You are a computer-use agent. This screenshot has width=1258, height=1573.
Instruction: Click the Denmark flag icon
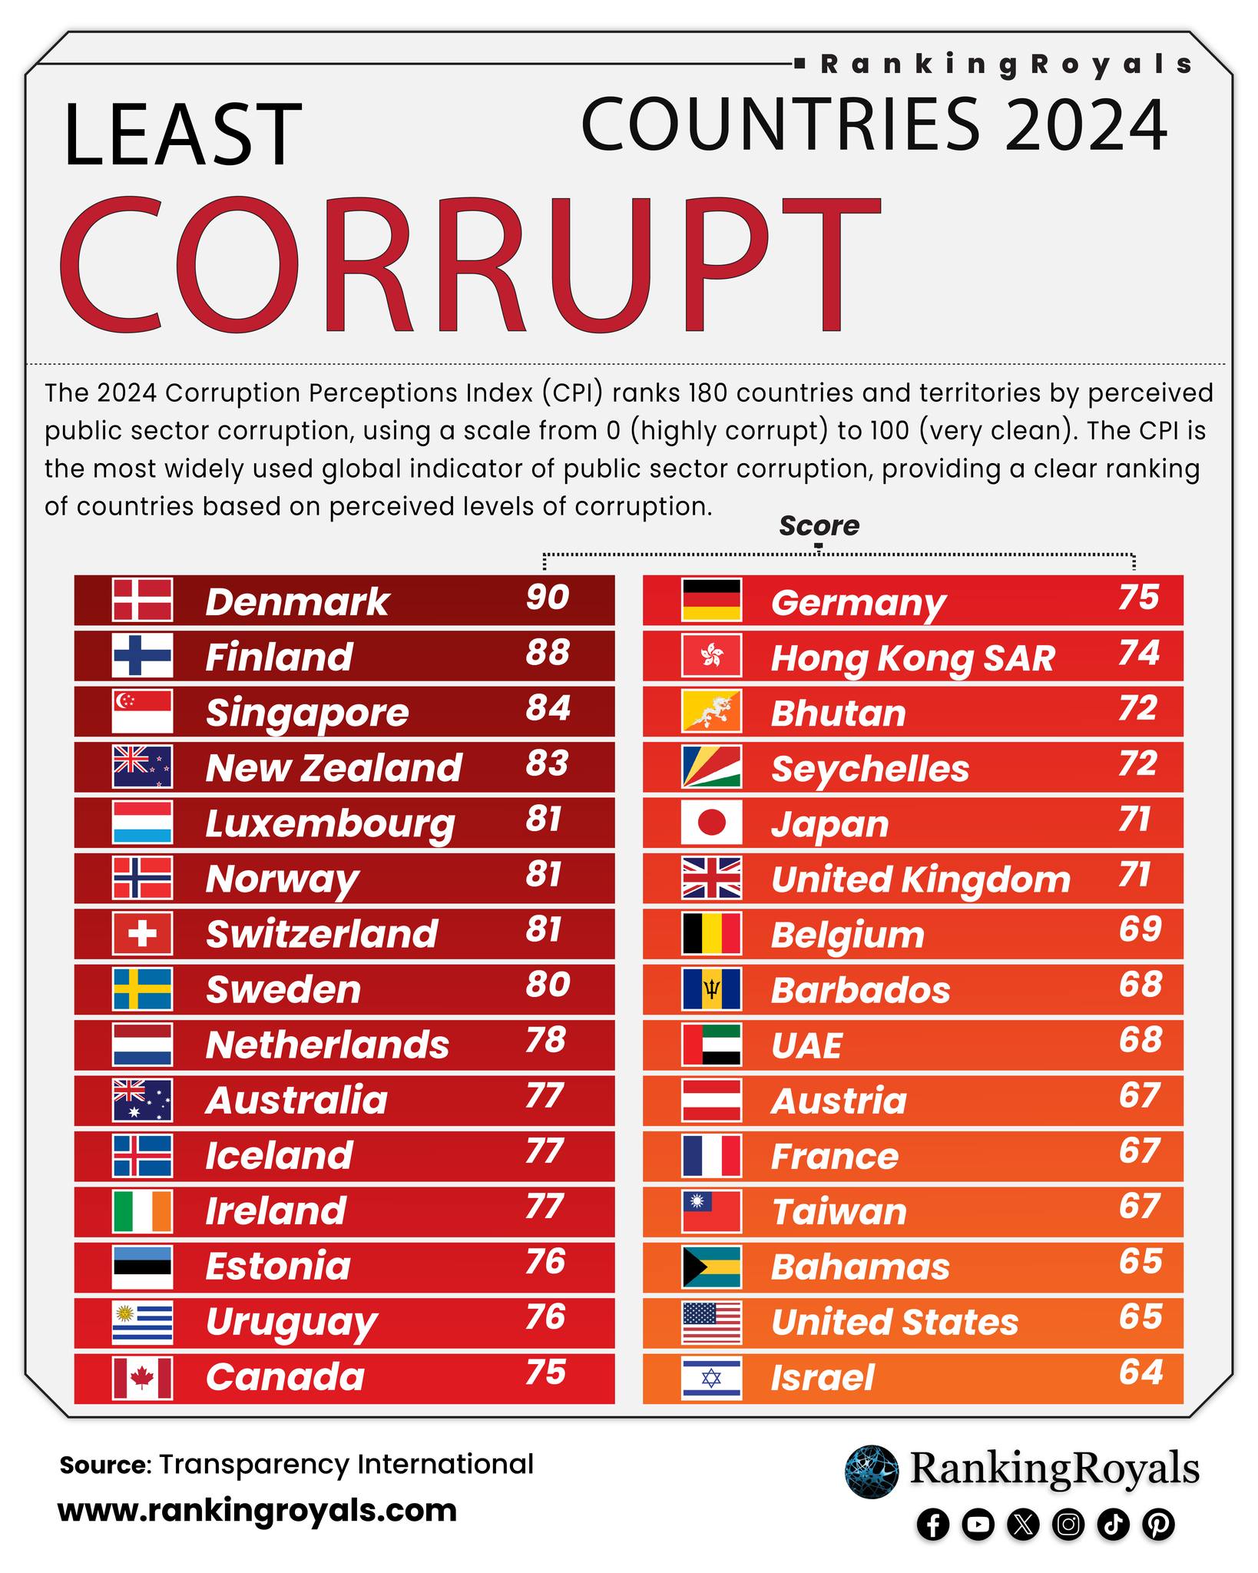point(142,600)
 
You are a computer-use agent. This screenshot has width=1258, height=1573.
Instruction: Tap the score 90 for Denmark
point(548,598)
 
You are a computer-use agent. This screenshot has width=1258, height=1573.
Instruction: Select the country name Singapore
point(307,714)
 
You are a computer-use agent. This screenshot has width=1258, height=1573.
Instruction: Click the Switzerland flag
point(142,933)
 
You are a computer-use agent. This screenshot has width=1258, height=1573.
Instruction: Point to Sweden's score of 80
point(548,985)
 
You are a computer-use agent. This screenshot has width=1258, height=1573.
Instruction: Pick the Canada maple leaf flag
point(142,1378)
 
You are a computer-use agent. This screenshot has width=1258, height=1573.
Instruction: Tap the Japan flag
point(711,822)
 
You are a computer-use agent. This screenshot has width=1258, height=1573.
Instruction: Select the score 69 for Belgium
point(1140,929)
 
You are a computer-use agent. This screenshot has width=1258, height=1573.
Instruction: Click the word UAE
point(806,1045)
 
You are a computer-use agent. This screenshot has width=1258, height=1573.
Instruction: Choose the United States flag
point(711,1323)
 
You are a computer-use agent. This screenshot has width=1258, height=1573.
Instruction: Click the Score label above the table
point(819,525)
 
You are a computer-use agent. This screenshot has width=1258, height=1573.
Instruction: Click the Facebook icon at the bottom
point(933,1525)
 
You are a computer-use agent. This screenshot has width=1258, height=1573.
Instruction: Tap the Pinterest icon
point(1158,1525)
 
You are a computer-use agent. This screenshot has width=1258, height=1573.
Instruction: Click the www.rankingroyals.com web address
point(257,1510)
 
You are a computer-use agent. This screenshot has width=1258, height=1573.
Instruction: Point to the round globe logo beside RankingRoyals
point(872,1472)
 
